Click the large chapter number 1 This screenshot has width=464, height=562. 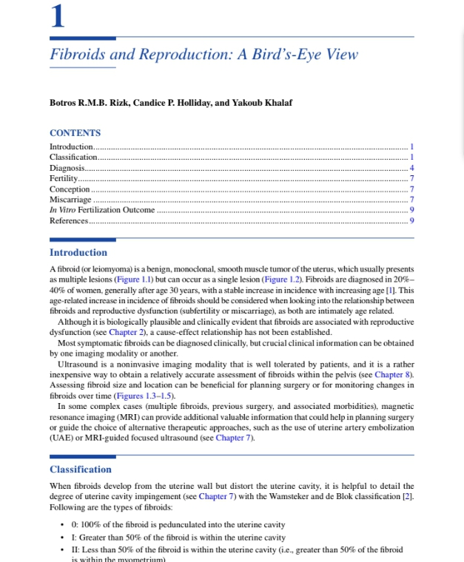pos(57,16)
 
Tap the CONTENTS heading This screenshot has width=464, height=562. pos(75,133)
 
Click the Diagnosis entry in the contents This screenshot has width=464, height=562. pos(66,169)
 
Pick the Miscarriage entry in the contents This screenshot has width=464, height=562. pos(70,200)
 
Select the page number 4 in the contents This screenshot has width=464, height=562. pos(411,169)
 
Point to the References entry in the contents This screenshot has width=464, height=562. pos(68,220)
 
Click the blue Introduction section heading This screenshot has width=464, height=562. pos(78,253)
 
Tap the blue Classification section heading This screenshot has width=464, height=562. pos(81,470)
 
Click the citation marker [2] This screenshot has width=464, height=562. pos(406,496)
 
